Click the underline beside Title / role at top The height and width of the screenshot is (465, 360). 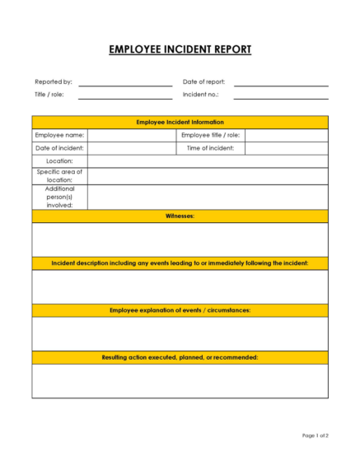tap(125, 97)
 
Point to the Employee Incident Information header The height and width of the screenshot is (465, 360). tap(180, 122)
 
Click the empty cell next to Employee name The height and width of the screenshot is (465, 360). tap(130, 135)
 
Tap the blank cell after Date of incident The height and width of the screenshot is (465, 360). tap(130, 148)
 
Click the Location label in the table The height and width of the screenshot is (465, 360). tap(59, 161)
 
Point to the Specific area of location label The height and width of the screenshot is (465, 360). tap(59, 175)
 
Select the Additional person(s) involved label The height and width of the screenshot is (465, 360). tap(59, 197)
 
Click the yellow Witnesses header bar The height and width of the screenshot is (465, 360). tap(180, 216)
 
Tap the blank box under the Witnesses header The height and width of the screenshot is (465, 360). tap(180, 239)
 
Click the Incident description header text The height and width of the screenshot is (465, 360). tap(180, 263)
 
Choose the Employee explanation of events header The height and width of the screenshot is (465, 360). tap(180, 310)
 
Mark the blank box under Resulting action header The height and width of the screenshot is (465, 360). tap(180, 380)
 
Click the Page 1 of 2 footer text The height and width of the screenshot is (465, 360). tap(315, 435)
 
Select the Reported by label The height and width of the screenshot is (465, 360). tap(53, 82)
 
